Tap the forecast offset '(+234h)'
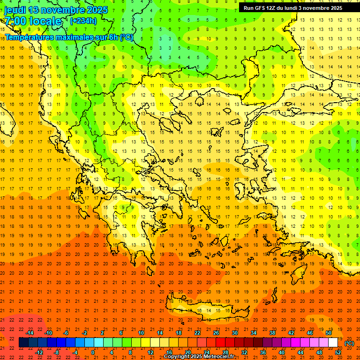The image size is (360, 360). point(83,21)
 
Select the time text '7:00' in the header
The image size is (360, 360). point(15,21)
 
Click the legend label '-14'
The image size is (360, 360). point(30,332)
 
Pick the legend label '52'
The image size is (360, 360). point(338,352)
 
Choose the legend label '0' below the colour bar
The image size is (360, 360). point(93,352)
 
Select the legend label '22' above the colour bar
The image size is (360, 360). point(197,332)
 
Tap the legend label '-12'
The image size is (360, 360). point(39,352)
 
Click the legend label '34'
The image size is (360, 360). point(253,332)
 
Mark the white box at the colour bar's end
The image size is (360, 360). point(333,343)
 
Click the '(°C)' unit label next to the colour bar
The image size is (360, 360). point(349,343)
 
